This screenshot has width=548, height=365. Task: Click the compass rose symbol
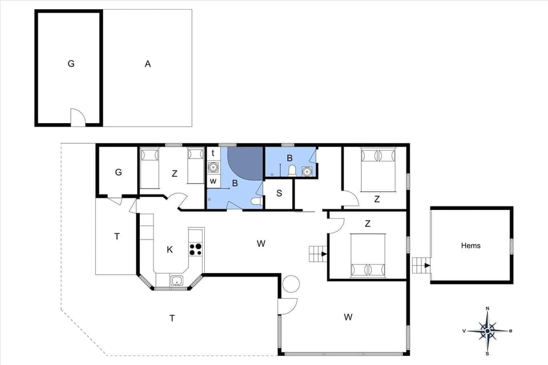487,330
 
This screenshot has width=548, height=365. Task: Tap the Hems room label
470,246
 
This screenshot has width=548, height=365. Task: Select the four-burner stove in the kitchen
195,249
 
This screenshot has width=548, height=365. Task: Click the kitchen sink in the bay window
177,280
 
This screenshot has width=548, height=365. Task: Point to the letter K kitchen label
170,250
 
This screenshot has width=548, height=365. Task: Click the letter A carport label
147,64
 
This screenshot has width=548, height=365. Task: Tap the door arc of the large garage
78,118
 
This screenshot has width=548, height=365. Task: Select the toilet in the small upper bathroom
292,170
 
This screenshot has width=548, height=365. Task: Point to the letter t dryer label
213,153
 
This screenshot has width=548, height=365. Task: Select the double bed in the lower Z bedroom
368,255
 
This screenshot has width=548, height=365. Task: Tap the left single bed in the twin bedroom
150,167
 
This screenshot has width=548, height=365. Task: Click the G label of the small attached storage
118,172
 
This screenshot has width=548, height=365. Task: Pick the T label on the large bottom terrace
172,318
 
